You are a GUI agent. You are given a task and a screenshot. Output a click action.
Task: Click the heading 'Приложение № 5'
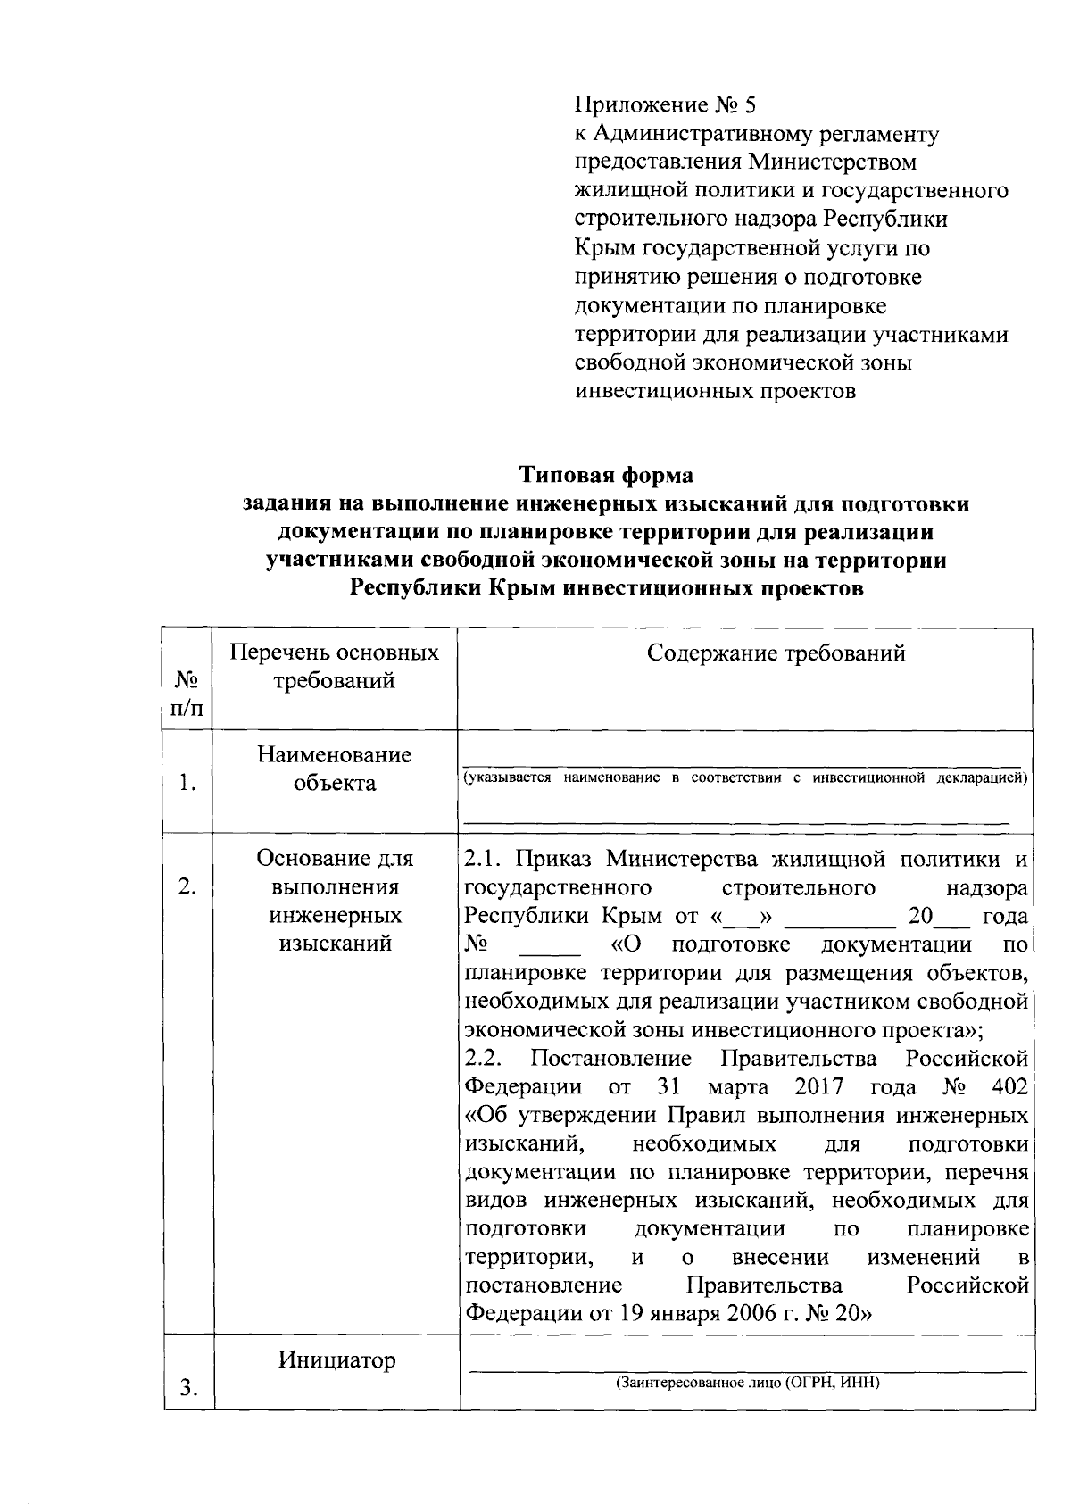click(x=664, y=105)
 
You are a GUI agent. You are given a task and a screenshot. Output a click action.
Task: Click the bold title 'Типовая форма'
click(x=607, y=475)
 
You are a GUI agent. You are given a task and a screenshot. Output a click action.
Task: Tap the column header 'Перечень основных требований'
click(x=335, y=667)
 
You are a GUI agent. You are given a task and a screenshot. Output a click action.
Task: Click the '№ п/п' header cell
click(x=187, y=694)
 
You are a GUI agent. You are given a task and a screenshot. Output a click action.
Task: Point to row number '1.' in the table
click(x=187, y=784)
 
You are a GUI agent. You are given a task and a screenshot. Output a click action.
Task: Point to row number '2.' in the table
click(x=187, y=887)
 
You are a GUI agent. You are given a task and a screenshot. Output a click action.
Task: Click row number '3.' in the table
click(x=188, y=1387)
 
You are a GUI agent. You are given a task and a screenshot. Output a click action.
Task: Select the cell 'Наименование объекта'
click(x=335, y=769)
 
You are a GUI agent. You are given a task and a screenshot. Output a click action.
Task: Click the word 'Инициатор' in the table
click(x=336, y=1360)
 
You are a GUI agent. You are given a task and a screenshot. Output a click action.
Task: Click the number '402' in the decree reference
click(x=1009, y=1087)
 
